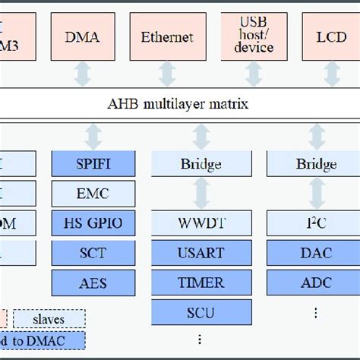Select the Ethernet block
[167, 36]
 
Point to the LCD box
[332, 36]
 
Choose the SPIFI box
[93, 164]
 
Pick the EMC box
[93, 194]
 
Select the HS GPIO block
[93, 223]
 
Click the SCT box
[93, 253]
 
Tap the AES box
[93, 283]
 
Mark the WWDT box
[201, 223]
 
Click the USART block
[201, 253]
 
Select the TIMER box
[201, 283]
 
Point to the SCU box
[201, 312]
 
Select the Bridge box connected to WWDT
[201, 164]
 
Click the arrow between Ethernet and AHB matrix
[167, 74]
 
